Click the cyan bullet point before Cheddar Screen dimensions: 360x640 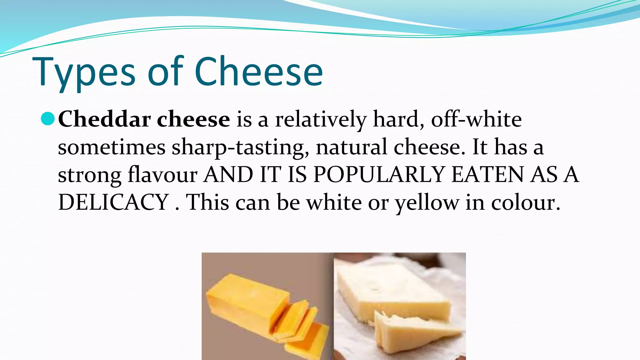[x=48, y=119]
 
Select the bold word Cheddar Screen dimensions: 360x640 [x=104, y=119]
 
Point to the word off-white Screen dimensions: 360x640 [x=476, y=119]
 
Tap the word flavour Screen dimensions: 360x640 [x=162, y=174]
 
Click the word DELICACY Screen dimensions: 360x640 [x=114, y=202]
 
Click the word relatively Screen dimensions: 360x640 [x=321, y=119]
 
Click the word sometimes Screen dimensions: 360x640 [x=112, y=147]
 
